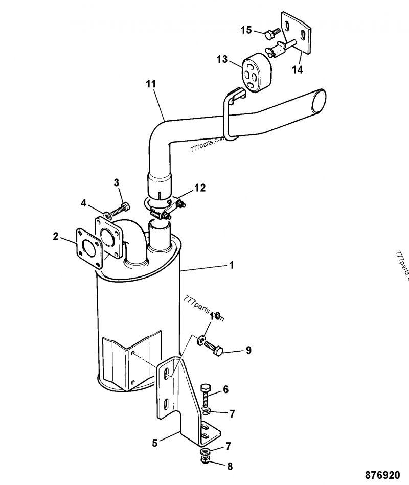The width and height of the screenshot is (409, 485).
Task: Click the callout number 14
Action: click(x=297, y=70)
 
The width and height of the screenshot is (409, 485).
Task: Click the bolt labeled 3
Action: click(x=120, y=207)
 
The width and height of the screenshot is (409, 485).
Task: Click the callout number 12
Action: click(x=200, y=188)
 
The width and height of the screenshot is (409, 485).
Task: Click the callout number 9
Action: click(x=248, y=350)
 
